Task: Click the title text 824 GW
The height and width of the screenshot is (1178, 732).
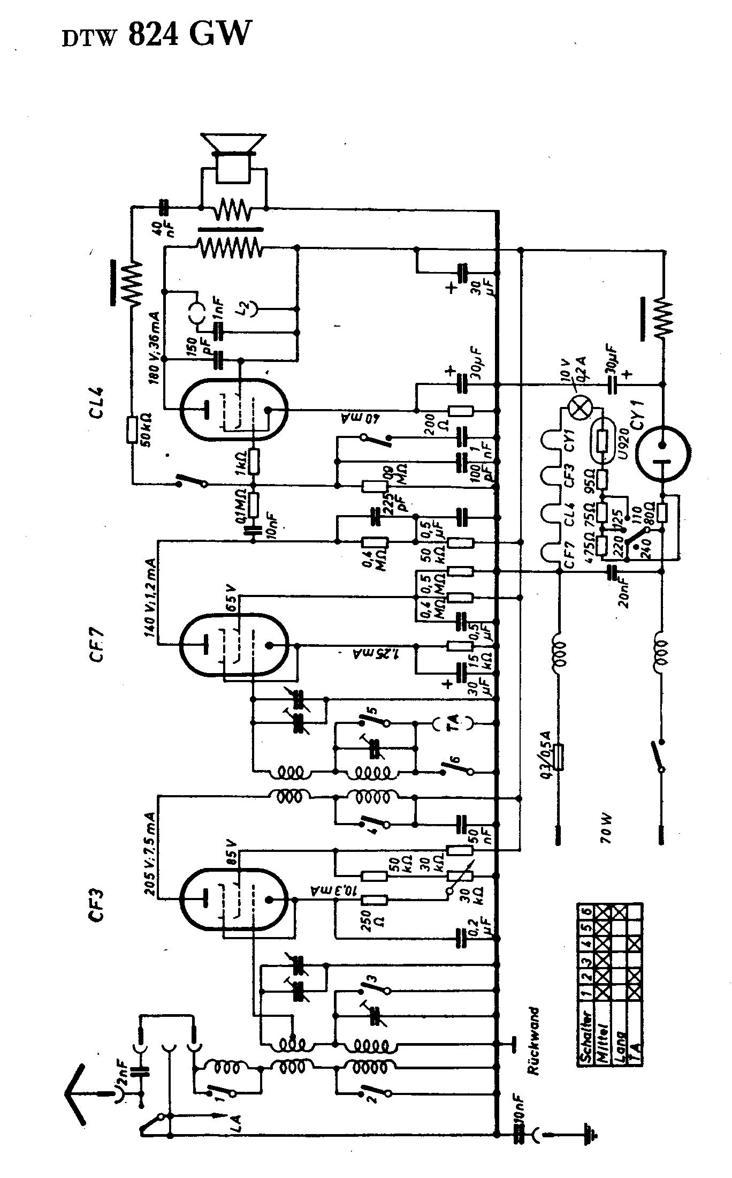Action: tap(189, 35)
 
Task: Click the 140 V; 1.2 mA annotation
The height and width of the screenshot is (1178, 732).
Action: tap(149, 594)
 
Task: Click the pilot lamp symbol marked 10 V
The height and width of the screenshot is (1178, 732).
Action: tap(577, 409)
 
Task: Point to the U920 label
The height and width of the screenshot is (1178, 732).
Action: tap(621, 442)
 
